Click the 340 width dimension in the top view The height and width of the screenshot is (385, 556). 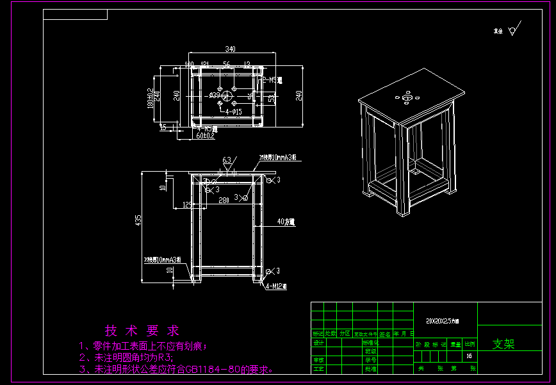(231, 49)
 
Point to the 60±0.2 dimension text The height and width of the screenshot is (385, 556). (205, 136)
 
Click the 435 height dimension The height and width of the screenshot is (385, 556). (138, 220)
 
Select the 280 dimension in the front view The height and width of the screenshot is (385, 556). (224, 201)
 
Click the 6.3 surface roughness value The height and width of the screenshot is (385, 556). (226, 160)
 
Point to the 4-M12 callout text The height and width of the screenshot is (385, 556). (277, 286)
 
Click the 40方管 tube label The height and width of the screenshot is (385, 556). (286, 222)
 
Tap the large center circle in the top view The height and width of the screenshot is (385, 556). (228, 94)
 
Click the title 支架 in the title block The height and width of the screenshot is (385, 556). (503, 344)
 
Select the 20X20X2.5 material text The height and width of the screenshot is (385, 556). (442, 320)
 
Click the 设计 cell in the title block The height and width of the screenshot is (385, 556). (318, 342)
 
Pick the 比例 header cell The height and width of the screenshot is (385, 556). (470, 344)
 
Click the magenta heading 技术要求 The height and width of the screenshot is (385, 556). (143, 331)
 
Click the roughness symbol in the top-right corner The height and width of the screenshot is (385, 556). (512, 30)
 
